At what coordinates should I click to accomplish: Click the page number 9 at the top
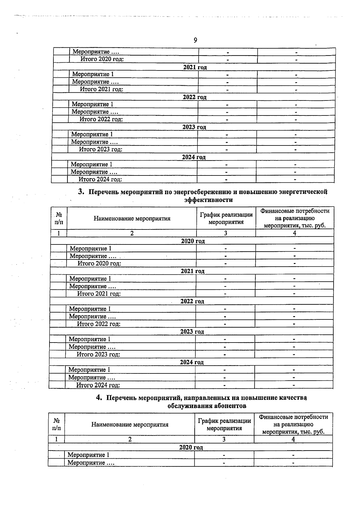click(x=195, y=40)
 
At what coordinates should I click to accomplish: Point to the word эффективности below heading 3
click(x=208, y=200)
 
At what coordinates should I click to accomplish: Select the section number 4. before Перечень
click(x=99, y=398)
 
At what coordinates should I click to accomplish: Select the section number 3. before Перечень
click(x=81, y=192)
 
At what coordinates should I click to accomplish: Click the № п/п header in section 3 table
click(x=59, y=218)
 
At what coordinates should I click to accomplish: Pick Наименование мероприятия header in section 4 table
click(x=130, y=425)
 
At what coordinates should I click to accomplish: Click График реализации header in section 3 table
click(x=226, y=218)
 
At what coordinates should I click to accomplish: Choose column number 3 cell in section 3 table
click(x=226, y=233)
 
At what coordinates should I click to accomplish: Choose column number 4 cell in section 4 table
click(x=293, y=439)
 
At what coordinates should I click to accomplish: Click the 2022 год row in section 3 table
click(x=192, y=301)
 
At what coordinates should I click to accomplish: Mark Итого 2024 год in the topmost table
click(x=100, y=179)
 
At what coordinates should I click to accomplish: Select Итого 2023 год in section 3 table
click(x=98, y=355)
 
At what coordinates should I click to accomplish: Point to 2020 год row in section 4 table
click(x=191, y=448)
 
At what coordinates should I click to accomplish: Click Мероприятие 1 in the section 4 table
click(x=88, y=455)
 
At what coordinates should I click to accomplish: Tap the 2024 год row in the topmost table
click(x=194, y=157)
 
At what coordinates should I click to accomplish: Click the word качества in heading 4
click(x=293, y=398)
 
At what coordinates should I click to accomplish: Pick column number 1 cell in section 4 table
click(x=56, y=439)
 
